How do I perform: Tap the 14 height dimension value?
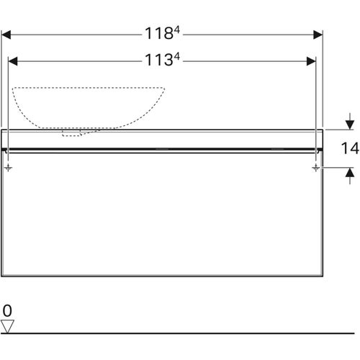point(349,150)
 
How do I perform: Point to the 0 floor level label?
point(7,310)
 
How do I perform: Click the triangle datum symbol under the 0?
point(7,326)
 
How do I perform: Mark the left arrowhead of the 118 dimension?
point(6,34)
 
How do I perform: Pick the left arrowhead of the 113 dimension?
point(12,62)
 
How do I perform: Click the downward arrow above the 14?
point(349,121)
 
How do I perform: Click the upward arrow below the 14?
point(349,173)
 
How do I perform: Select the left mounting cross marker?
point(8,167)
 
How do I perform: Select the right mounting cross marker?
point(316,167)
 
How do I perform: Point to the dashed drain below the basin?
point(72,132)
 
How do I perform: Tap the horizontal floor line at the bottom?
point(180,333)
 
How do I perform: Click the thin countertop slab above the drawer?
point(162,138)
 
